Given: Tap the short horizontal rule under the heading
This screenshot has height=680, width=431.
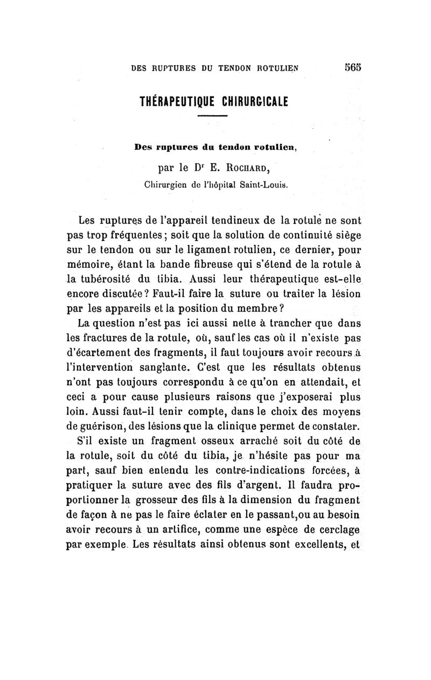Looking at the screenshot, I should point(216,117).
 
